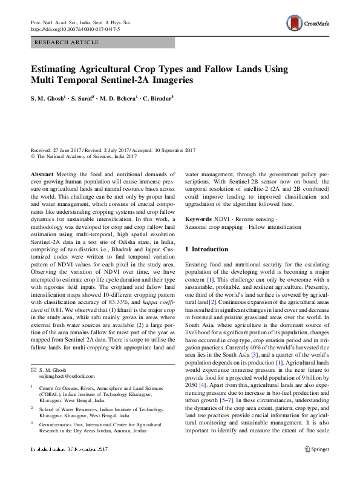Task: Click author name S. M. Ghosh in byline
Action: (47, 97)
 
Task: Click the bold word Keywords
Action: (198, 219)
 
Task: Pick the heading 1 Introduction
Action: (206, 249)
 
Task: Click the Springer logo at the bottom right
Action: (316, 466)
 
